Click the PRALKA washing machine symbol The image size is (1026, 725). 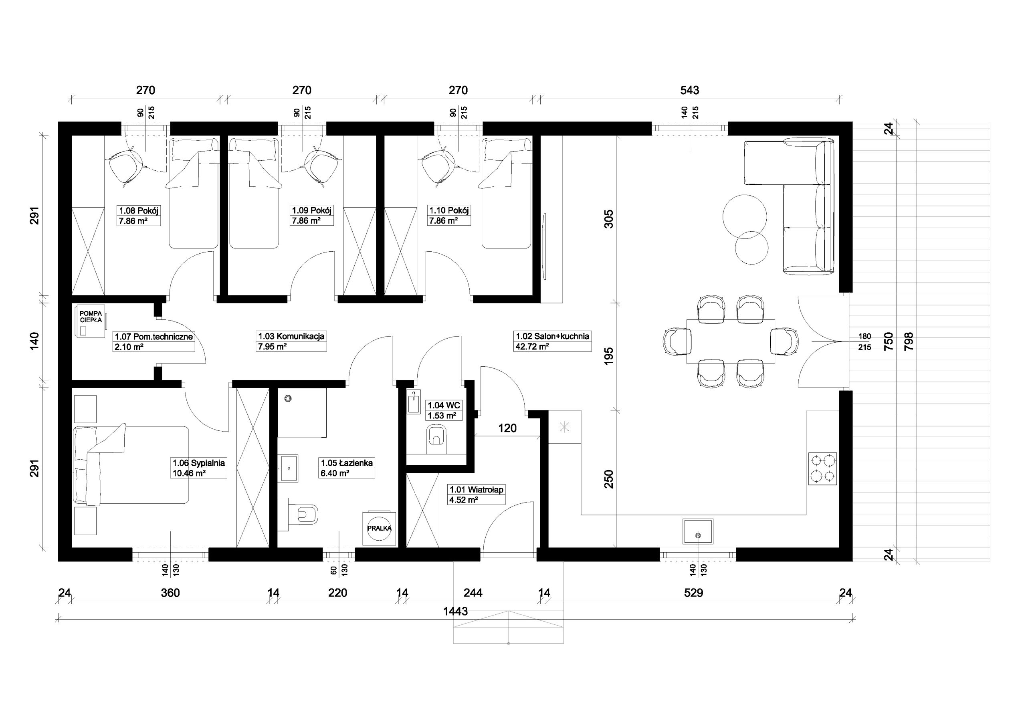379,528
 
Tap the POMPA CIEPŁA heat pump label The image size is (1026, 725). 91,317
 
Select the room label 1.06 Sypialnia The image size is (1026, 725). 199,463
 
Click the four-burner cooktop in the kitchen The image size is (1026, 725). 822,469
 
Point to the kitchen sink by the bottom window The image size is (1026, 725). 698,531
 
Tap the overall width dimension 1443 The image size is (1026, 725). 455,612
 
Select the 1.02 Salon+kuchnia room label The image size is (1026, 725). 552,336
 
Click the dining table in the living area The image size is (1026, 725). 731,342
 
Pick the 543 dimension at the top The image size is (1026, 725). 689,90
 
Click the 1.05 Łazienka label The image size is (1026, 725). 347,463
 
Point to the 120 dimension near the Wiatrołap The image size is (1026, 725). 507,428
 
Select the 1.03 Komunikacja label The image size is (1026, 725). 291,336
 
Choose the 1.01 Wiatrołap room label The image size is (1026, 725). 477,489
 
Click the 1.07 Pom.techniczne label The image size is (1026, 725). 154,337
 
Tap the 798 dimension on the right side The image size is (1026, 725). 909,341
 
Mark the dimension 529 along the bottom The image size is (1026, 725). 693,593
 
